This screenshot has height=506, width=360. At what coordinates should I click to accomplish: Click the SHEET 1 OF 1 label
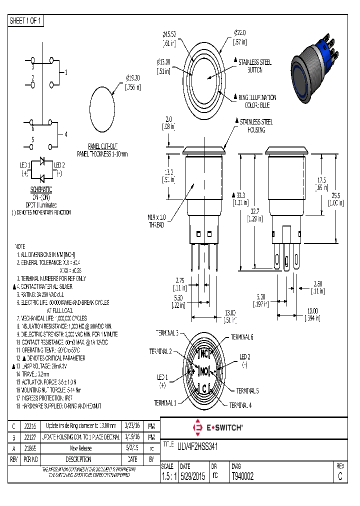click(x=26, y=20)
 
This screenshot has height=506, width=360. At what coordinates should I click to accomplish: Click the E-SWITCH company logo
click(x=218, y=427)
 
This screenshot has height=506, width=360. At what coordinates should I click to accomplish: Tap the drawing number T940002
click(x=242, y=477)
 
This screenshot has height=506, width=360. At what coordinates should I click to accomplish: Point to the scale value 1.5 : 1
click(x=169, y=477)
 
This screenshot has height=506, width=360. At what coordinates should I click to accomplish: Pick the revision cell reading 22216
click(x=30, y=426)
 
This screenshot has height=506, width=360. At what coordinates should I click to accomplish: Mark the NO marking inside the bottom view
click(x=204, y=371)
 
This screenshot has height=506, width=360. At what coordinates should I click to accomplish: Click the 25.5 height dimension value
click(x=335, y=199)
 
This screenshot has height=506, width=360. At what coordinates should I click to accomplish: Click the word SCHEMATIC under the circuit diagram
click(x=41, y=189)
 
